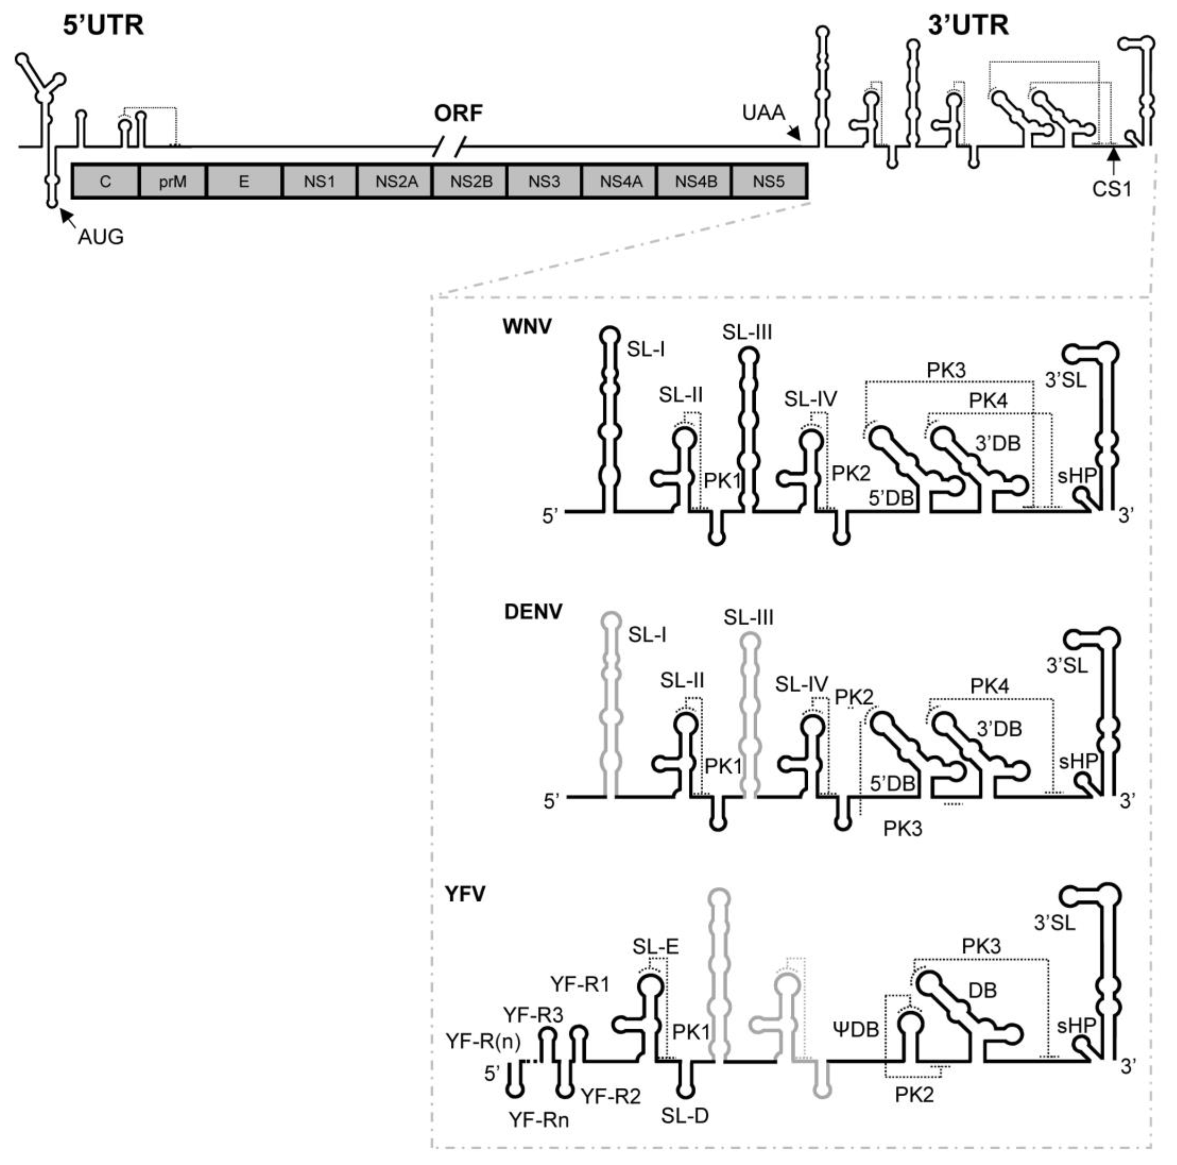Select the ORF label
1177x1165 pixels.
pos(458,113)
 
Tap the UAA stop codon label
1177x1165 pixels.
pos(763,113)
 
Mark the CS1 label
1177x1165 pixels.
pos(1112,189)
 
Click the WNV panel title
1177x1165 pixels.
pos(527,326)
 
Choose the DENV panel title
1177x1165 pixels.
pos(533,612)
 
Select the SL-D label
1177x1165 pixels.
pos(685,1116)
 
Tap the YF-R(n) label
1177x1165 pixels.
pos(483,1041)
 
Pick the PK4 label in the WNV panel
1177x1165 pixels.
pos(988,400)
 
